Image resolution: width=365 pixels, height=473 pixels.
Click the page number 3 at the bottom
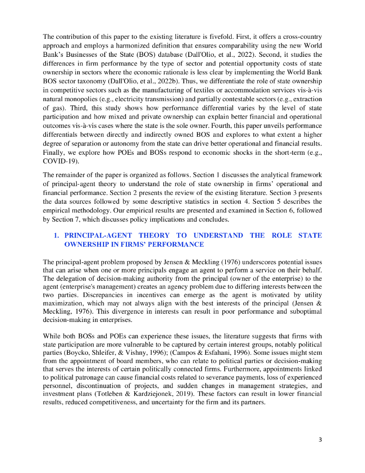coord(320,439)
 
